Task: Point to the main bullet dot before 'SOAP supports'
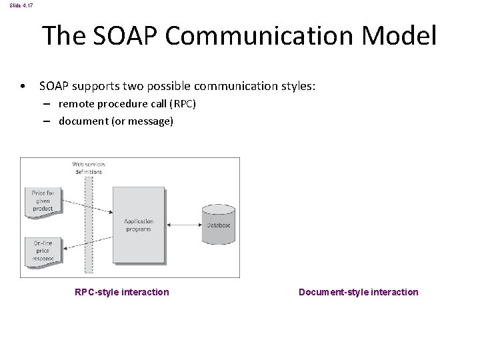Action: (23, 87)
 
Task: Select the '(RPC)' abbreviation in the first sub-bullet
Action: (182, 105)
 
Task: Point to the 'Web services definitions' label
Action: (89, 167)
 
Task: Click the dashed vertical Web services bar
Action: (89, 227)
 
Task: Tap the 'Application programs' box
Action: (139, 224)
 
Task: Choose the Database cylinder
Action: (218, 224)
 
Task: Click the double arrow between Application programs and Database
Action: (183, 225)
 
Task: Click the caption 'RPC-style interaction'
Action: (122, 292)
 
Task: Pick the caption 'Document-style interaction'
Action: (359, 292)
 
